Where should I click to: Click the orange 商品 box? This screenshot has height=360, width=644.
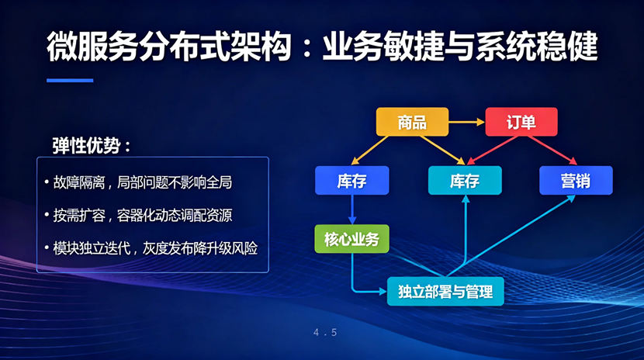pos(412,122)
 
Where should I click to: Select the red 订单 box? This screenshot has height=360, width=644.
pos(521,122)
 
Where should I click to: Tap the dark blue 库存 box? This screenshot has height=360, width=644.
pos(352,180)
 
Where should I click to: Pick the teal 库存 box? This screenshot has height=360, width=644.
pos(465,180)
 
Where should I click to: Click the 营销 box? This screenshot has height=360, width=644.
pos(576,180)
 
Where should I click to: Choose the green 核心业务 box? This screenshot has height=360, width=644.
pos(352,238)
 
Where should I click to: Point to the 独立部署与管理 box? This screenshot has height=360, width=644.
pos(445,292)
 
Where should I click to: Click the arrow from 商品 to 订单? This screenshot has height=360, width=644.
pos(466,122)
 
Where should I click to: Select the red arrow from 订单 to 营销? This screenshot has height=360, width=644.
pos(552,151)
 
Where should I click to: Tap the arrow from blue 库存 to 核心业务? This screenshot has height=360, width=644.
pos(352,209)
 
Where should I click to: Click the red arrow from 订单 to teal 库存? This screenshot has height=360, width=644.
pos(492,151)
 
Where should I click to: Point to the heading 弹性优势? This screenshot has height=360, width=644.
pos(91,145)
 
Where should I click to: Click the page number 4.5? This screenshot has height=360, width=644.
pos(325,333)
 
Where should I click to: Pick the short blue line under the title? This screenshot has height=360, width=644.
pos(70,81)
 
